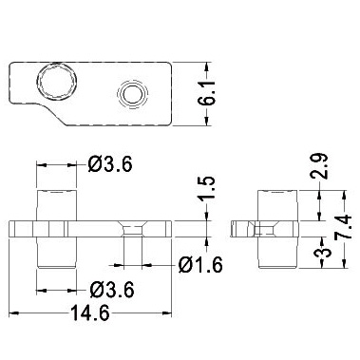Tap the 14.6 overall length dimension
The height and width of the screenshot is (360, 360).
pyautogui.click(x=90, y=313)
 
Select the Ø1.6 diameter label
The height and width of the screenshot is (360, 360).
pyautogui.click(x=200, y=265)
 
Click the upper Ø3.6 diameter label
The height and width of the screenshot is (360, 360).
pyautogui.click(x=110, y=164)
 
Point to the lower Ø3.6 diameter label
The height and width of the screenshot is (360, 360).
pyautogui.click(x=112, y=290)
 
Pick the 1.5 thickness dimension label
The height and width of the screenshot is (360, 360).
pyautogui.click(x=207, y=188)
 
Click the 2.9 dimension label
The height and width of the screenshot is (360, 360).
pyautogui.click(x=319, y=166)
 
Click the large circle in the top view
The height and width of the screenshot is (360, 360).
pyautogui.click(x=57, y=82)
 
